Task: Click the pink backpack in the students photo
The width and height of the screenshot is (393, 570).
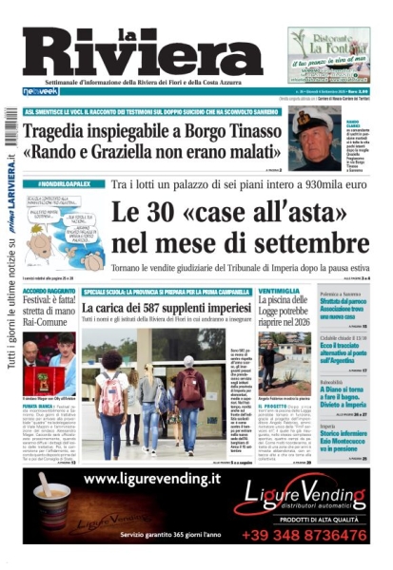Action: (113, 393)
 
